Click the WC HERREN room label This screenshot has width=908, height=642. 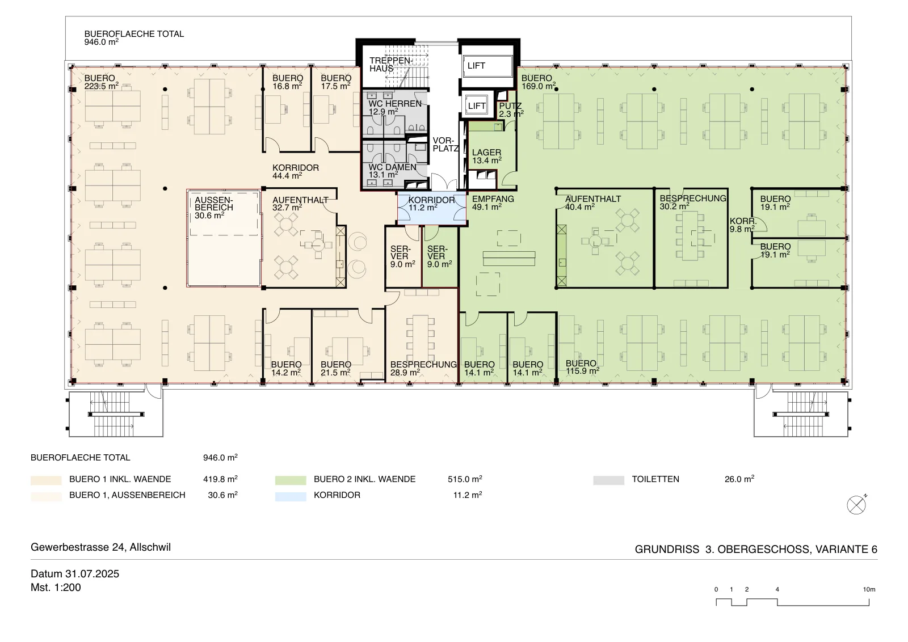click(x=395, y=108)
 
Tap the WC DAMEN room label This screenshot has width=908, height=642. click(x=392, y=171)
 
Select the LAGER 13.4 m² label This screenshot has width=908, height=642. click(x=486, y=157)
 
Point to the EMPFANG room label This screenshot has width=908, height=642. click(x=493, y=203)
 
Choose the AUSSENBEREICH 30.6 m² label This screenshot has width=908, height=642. click(x=213, y=208)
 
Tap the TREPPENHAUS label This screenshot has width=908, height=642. click(x=391, y=65)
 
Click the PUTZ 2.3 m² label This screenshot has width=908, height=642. click(x=511, y=110)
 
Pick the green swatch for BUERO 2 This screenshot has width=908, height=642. click(x=290, y=480)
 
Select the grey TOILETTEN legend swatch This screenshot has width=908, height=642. click(x=608, y=480)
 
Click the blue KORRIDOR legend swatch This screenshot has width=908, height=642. click(x=290, y=497)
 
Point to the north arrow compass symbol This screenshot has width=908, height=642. click(x=856, y=505)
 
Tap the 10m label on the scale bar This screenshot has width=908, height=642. click(x=869, y=589)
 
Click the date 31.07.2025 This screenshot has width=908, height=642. click(x=92, y=573)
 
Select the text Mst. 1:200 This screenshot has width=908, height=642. click(x=56, y=588)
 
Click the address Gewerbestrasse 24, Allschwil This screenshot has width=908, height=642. click(x=101, y=547)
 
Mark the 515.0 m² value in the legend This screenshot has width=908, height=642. click(x=465, y=479)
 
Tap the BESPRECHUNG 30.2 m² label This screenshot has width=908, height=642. click(x=693, y=202)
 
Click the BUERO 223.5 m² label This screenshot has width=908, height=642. click(x=102, y=82)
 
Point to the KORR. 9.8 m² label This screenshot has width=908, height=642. click(x=743, y=225)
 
